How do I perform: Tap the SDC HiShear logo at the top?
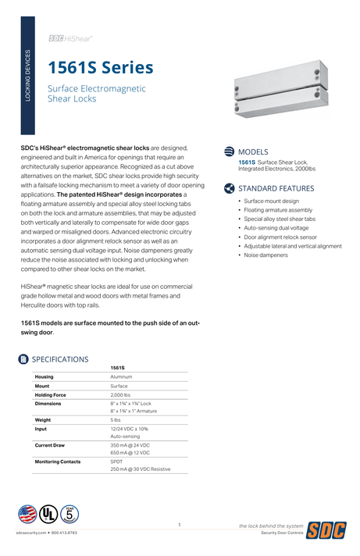point(71,37)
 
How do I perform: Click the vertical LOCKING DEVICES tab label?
point(29,76)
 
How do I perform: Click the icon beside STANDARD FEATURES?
point(229,188)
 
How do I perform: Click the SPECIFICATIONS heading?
point(60,359)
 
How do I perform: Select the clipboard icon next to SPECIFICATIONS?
point(23,359)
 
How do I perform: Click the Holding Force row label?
point(51,395)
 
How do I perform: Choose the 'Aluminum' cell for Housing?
point(121,376)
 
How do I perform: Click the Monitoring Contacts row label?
point(58,462)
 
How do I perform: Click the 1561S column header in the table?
point(118,367)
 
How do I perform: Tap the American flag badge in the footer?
point(27,514)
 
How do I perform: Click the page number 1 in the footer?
point(179,525)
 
